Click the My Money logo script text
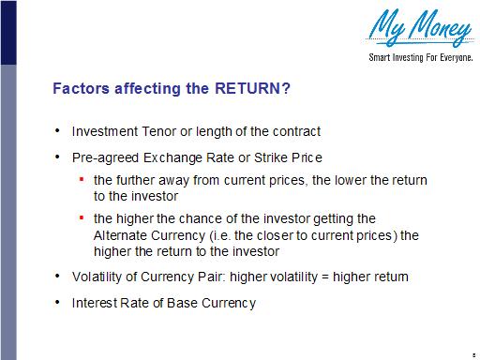click(419, 28)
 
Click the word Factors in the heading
click(81, 89)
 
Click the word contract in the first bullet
click(295, 130)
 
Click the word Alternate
click(121, 235)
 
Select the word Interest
click(96, 303)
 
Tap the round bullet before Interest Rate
click(58, 303)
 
